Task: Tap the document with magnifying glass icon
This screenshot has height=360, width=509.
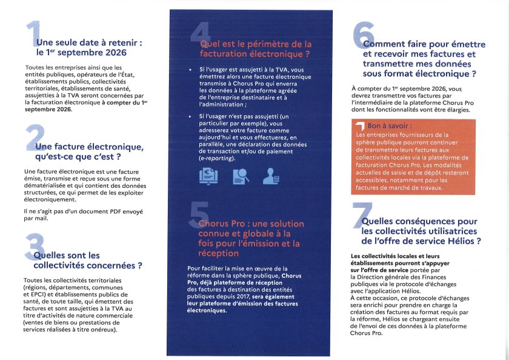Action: click(x=240, y=175)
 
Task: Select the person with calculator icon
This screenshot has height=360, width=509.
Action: click(x=271, y=175)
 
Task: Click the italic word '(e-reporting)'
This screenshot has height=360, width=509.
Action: click(x=217, y=157)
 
